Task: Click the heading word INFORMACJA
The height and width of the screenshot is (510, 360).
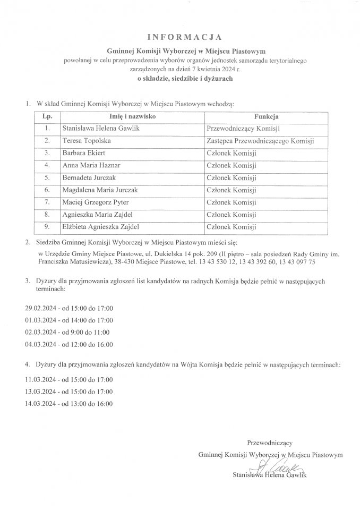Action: [x=180, y=37]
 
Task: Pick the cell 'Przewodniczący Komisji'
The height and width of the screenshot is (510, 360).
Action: [x=243, y=129]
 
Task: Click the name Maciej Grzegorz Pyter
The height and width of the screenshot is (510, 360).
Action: [x=96, y=202]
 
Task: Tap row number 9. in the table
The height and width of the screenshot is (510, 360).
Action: [x=47, y=227]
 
